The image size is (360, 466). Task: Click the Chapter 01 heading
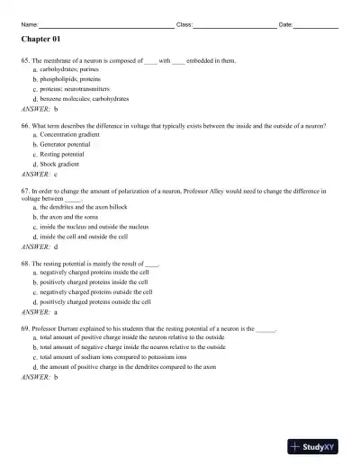point(40,40)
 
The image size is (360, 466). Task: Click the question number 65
point(25,60)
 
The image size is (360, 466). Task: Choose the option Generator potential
point(69,144)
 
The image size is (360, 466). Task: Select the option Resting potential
point(66,154)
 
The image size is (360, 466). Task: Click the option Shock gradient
point(63,164)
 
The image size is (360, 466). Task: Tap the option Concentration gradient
point(76,134)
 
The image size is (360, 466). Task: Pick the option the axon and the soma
point(74,217)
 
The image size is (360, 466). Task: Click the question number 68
point(25,264)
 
